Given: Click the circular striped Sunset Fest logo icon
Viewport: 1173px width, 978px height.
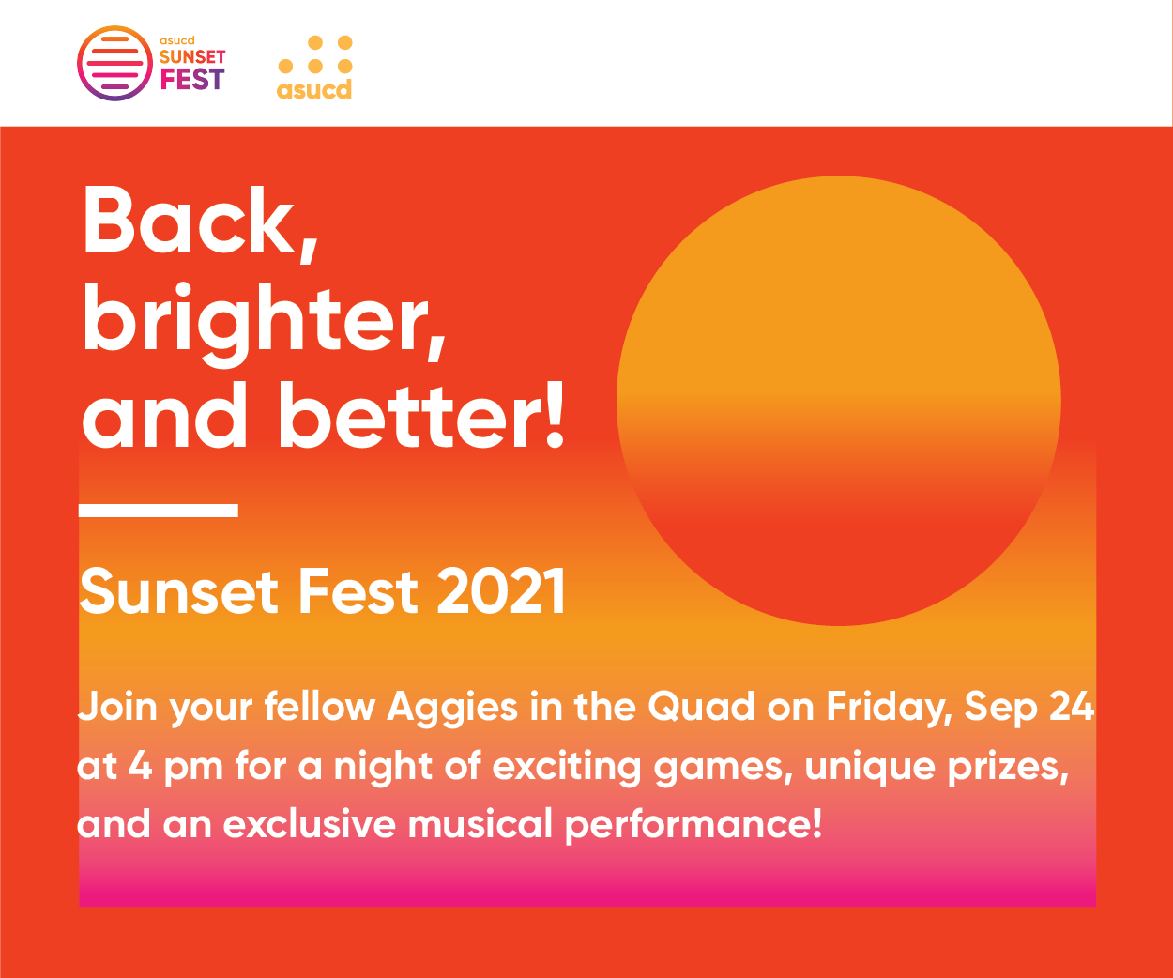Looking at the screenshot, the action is tap(114, 64).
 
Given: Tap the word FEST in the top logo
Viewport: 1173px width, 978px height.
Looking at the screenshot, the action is tap(192, 79).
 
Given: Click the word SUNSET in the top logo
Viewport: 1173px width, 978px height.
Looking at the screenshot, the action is tap(192, 56).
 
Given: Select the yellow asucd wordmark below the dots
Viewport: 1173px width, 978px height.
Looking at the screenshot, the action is tap(314, 90).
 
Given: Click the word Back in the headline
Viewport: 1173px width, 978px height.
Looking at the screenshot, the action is tap(190, 220).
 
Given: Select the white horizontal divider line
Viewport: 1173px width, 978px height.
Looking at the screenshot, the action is tap(159, 510).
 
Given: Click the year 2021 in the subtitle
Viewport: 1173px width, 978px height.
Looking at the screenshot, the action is tap(501, 592).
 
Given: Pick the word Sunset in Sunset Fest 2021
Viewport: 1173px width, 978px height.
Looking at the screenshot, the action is tap(178, 592).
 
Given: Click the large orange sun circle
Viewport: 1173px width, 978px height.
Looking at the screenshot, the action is tap(839, 400).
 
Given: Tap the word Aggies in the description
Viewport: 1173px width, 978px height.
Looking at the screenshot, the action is tap(452, 708).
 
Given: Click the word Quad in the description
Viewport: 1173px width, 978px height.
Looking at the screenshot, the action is tap(701, 707).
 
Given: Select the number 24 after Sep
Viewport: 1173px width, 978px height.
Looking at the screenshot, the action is tap(1072, 706).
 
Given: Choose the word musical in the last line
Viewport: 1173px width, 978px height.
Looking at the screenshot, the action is tap(480, 823).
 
